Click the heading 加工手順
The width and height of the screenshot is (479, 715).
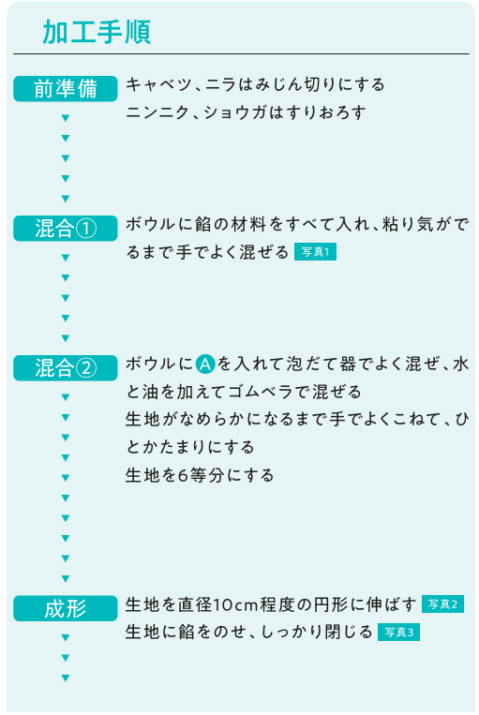click(97, 32)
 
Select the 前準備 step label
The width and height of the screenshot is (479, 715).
click(66, 88)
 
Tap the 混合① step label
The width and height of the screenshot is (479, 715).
click(66, 228)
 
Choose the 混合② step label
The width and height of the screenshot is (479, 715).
click(66, 367)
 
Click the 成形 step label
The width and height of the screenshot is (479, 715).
click(66, 608)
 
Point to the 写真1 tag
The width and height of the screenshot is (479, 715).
click(315, 252)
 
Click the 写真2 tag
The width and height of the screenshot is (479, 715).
click(442, 604)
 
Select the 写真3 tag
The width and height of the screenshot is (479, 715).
click(398, 632)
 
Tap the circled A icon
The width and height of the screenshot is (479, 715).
click(205, 364)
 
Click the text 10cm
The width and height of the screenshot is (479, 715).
click(236, 604)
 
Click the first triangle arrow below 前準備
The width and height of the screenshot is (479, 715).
click(66, 118)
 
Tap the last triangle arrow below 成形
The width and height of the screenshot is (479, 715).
click(66, 678)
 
